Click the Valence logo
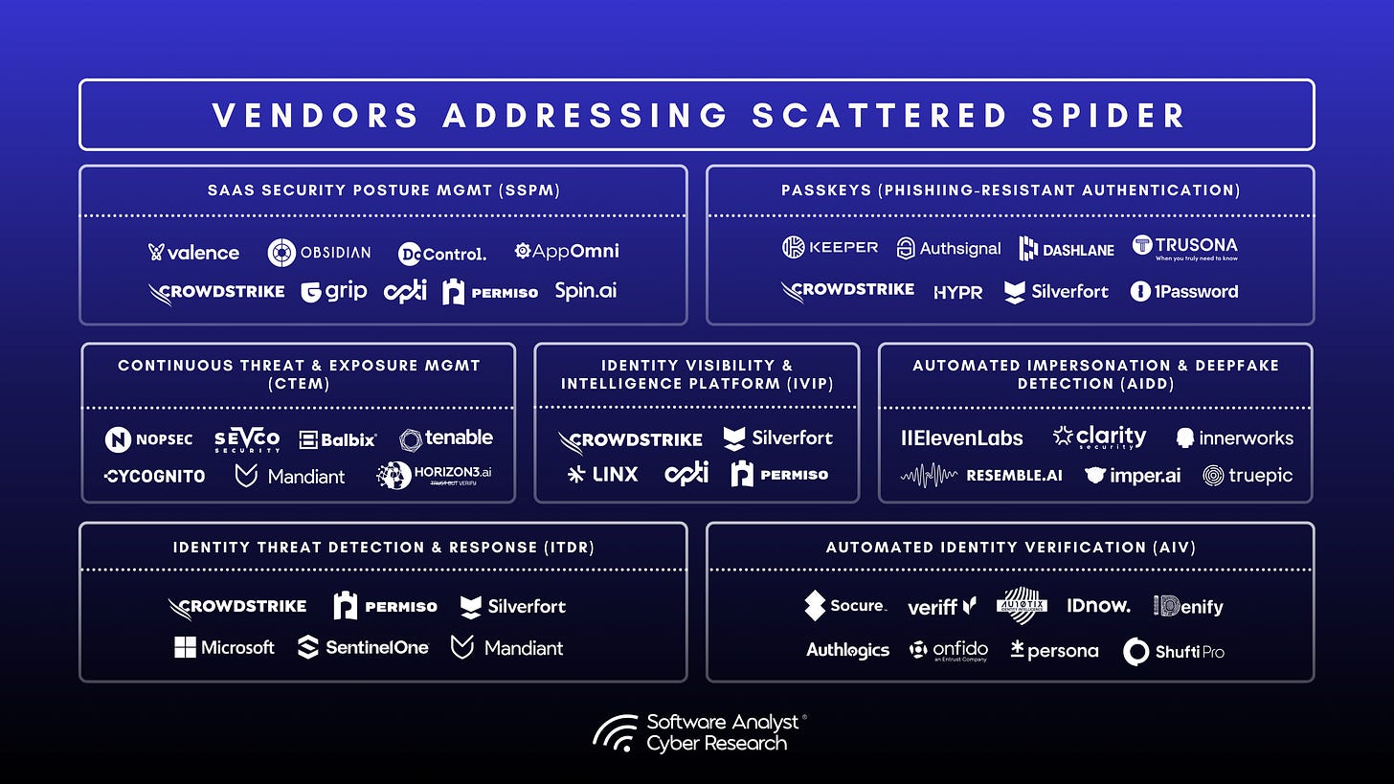pos(193,253)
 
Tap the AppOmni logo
pos(567,251)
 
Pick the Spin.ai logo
pos(586,291)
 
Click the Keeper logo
pos(830,248)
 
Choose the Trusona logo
pos(1184,248)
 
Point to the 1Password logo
pos(1184,291)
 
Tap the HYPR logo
pos(958,292)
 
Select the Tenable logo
pos(446,438)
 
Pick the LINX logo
pos(602,474)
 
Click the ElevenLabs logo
pos(962,438)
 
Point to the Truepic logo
pos(1248,475)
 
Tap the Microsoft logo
pos(224,648)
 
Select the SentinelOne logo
pos(363,648)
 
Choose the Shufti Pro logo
pos(1174,651)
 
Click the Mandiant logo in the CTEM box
pos(290,475)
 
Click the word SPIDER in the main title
pos(1100,115)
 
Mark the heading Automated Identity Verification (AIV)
pos(1010,548)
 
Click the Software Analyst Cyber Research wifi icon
pos(615,732)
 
